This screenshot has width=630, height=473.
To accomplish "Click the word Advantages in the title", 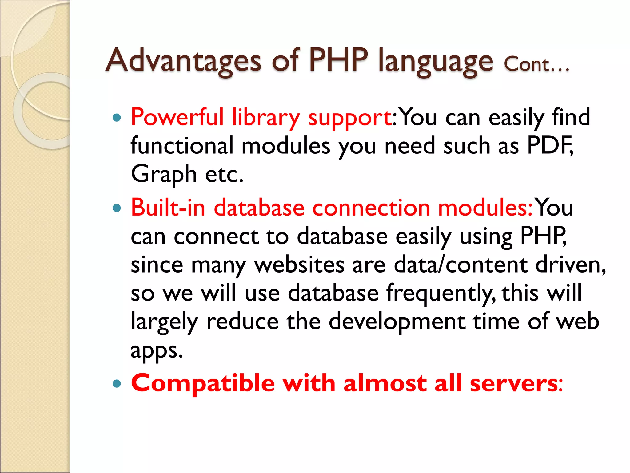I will [x=183, y=60].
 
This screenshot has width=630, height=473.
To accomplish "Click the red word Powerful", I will [x=177, y=117].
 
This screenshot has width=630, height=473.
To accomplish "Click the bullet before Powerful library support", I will [x=117, y=118].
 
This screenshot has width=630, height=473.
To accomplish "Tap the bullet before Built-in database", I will [x=117, y=208].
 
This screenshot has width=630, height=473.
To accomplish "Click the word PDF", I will [x=549, y=145].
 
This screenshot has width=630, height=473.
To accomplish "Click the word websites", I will [x=299, y=265].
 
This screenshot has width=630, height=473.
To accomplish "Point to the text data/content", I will [x=461, y=265].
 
